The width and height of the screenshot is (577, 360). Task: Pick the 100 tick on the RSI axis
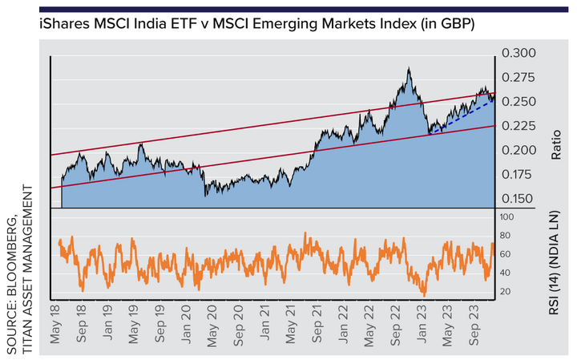pyautogui.click(x=507, y=216)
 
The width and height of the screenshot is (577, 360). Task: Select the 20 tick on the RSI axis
pyautogui.click(x=506, y=291)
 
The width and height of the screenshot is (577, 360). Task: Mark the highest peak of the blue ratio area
pyautogui.click(x=409, y=69)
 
